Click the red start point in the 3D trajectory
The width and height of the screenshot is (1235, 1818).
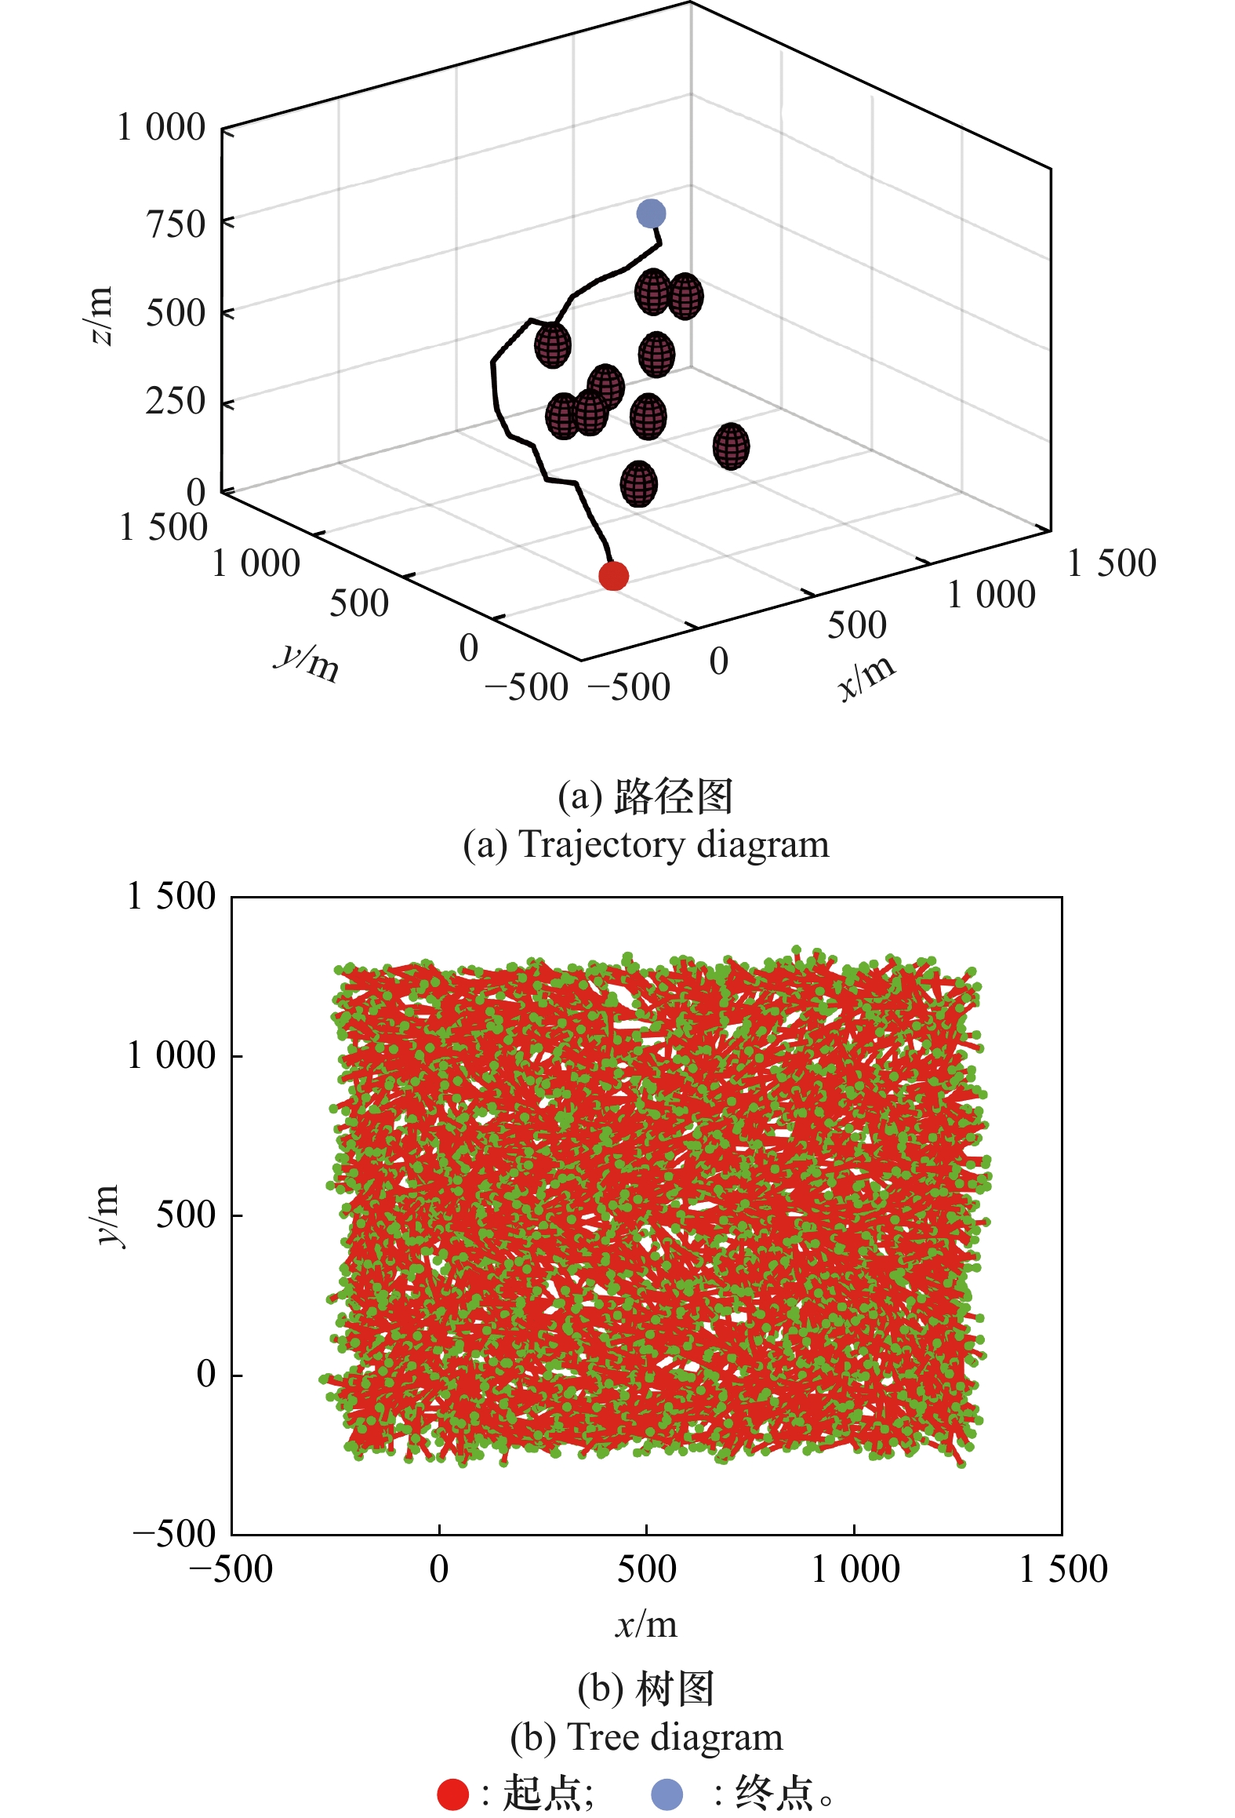coord(613,576)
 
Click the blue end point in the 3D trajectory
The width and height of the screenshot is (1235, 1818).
coord(651,213)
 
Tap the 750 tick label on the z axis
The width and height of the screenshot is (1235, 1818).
coord(176,224)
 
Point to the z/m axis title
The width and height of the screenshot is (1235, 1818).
coord(100,315)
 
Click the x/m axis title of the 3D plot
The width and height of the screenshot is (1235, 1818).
coord(866,676)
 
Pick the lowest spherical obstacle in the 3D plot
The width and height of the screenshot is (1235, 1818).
coord(638,483)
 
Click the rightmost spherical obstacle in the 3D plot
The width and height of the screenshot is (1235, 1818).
coord(731,446)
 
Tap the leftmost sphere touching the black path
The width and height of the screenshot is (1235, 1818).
coord(553,345)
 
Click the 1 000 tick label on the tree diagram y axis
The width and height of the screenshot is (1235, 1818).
coord(171,1055)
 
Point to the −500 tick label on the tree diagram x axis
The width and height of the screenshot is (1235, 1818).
coord(231,1569)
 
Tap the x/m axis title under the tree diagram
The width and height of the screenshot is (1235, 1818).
coord(645,1623)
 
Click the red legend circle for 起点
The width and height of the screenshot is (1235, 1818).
coord(452,1794)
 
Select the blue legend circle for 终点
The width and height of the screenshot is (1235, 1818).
coord(667,1794)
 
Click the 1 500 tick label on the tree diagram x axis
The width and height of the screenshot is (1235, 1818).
coord(1062,1569)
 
